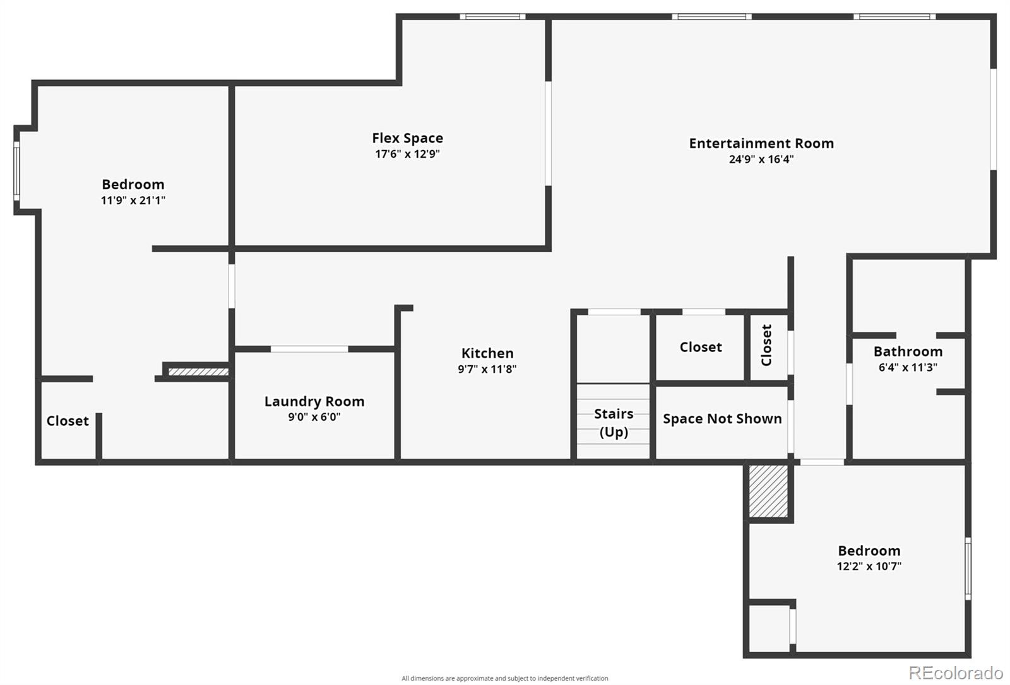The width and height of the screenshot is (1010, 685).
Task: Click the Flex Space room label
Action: [407, 138]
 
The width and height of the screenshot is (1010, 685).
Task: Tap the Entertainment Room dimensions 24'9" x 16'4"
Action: [761, 159]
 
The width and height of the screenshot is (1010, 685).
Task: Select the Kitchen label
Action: [487, 353]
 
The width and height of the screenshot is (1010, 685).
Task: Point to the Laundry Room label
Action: [314, 401]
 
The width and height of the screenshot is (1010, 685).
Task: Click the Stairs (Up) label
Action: [614, 423]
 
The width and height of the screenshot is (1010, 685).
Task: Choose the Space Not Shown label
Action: [722, 419]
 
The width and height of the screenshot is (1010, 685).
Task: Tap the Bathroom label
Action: [908, 351]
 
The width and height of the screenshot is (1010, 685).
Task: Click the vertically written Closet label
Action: [766, 345]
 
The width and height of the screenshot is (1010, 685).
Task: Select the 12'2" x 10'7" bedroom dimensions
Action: [869, 566]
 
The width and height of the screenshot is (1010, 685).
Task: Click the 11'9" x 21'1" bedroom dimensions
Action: [133, 200]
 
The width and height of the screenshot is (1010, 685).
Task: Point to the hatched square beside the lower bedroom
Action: [768, 491]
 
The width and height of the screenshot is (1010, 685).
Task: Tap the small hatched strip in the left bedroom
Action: [198, 372]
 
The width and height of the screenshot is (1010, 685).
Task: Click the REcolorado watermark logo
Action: [956, 673]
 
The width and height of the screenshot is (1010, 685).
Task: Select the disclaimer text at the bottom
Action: [504, 678]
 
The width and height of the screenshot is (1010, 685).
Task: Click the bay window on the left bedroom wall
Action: [16, 171]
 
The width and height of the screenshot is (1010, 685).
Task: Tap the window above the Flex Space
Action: [492, 16]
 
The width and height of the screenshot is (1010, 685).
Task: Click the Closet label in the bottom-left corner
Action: [68, 421]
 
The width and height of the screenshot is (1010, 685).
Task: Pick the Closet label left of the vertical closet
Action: [701, 347]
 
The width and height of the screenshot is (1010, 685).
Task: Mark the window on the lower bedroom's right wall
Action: [968, 568]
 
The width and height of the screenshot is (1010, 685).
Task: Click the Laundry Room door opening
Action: [309, 349]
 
